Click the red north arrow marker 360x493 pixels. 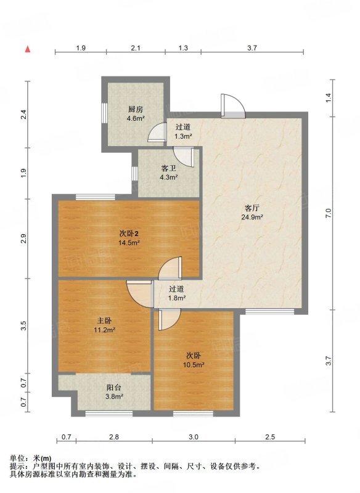pyautogui.click(x=28, y=49)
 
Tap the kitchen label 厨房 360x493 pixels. pyautogui.click(x=136, y=110)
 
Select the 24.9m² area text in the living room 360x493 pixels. pyautogui.click(x=252, y=217)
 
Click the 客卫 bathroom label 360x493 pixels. pyautogui.click(x=168, y=168)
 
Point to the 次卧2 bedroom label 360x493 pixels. pyautogui.click(x=129, y=234)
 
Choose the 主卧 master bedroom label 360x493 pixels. pyautogui.click(x=104, y=320)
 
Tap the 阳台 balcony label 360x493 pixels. pyautogui.click(x=114, y=388)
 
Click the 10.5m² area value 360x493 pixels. pyautogui.click(x=194, y=365)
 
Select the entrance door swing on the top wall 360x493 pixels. pyautogui.click(x=232, y=106)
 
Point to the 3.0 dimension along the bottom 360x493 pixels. pyautogui.click(x=194, y=437)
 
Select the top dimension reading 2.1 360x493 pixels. pyautogui.click(x=136, y=48)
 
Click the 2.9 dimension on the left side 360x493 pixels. pyautogui.click(x=23, y=238)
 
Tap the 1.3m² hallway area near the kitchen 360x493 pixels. pyautogui.click(x=183, y=136)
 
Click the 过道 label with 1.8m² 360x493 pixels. pyautogui.click(x=177, y=289)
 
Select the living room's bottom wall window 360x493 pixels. pyautogui.click(x=269, y=312)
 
